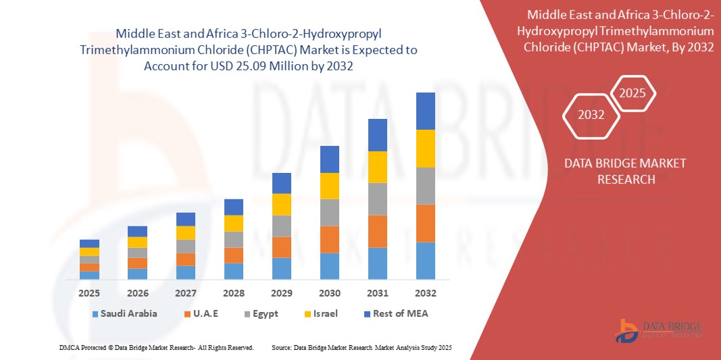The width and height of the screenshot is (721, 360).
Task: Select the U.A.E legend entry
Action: [x=205, y=313]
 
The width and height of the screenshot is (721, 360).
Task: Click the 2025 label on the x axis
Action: [x=89, y=293]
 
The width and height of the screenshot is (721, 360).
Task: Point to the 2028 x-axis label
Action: [x=233, y=293]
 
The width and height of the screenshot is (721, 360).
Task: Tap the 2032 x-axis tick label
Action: [x=425, y=293]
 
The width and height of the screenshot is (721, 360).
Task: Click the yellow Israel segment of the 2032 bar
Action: [x=425, y=149]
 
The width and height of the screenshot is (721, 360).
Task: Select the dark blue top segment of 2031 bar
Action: [x=377, y=135]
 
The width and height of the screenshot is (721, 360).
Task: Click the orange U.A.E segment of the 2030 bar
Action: [x=329, y=239]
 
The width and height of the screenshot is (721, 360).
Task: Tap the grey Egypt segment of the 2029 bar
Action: [x=281, y=226]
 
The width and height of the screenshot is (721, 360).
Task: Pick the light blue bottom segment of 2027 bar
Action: [x=185, y=272]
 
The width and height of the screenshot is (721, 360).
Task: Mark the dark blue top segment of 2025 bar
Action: [x=89, y=243]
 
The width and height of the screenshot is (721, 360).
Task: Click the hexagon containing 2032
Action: [x=591, y=115]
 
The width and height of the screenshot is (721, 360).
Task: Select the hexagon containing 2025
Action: [x=633, y=93]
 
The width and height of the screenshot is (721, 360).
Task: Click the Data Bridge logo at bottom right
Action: [x=659, y=329]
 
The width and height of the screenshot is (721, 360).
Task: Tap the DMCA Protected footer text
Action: [x=155, y=347]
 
